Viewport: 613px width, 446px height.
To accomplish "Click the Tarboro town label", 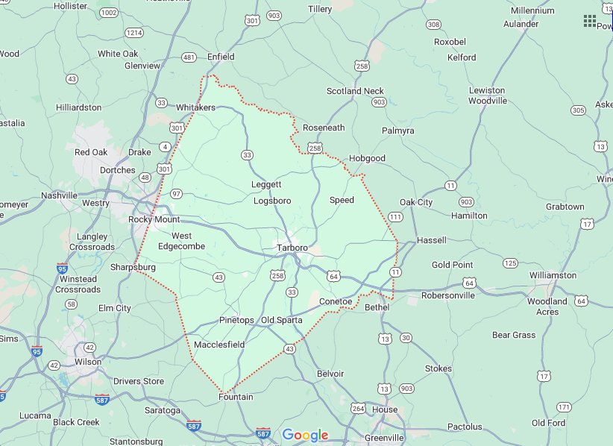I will (292, 248).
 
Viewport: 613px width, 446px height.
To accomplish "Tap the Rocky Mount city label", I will (154, 219).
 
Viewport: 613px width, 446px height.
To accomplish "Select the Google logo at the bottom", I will (306, 436).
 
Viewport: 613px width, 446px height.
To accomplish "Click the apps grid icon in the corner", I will (590, 20).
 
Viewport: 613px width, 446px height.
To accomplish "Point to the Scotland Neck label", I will (355, 91).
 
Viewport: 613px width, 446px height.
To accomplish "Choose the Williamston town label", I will (553, 275).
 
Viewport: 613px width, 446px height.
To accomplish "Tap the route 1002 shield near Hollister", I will (110, 13).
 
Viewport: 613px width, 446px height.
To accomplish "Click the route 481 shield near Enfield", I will (189, 57).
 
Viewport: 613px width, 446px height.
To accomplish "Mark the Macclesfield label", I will (219, 345).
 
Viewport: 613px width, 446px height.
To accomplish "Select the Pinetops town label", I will (237, 320).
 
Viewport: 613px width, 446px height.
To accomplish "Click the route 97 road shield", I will (176, 194).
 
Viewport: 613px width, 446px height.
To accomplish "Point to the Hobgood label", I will (367, 158).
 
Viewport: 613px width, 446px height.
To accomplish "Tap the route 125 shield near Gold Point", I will (510, 263).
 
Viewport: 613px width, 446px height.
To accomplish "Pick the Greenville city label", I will (384, 437).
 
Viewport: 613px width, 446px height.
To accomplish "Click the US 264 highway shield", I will (359, 408).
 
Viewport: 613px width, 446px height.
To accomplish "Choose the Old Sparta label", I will (281, 320).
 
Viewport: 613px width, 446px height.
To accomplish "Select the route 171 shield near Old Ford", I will (564, 406).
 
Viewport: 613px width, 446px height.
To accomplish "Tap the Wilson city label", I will (88, 362).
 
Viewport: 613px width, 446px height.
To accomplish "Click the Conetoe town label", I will (335, 301).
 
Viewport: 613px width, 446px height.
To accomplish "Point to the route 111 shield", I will (395, 216).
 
